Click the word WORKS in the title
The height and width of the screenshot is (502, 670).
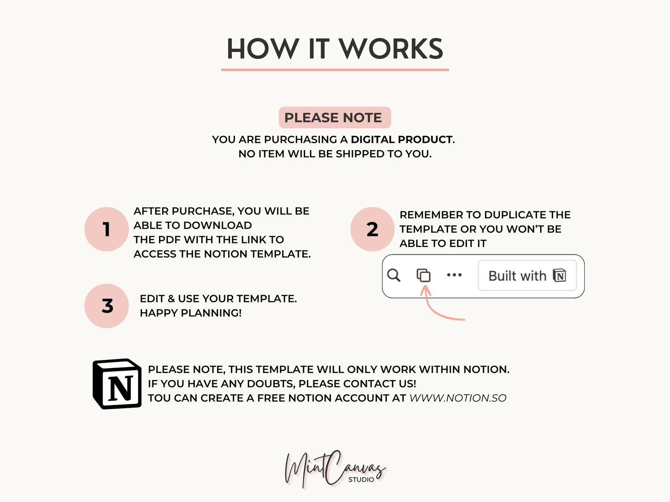point(391,49)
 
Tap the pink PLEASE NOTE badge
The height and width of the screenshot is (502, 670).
point(335,117)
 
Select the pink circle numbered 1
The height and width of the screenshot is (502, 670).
point(106,229)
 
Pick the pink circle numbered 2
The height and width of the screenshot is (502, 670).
point(373,229)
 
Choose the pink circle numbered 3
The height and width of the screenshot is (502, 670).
point(106,306)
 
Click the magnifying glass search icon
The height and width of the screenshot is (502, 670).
point(394,275)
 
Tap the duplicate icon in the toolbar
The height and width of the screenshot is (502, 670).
point(424,275)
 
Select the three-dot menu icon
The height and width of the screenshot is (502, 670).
point(454,275)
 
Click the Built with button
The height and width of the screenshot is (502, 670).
point(528,276)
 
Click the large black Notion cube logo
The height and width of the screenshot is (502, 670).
point(117,384)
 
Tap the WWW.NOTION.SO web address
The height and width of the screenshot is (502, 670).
point(458,398)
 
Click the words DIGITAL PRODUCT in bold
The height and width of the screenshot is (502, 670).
point(402,139)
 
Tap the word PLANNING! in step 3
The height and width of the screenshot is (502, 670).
point(211,313)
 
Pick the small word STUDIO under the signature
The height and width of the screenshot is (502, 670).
point(361,479)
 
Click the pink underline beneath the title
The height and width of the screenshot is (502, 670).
point(335,70)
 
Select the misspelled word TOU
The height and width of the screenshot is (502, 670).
point(159,398)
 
